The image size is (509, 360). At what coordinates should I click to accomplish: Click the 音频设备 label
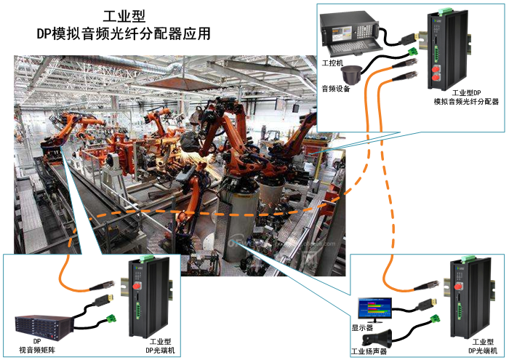[x=336, y=89]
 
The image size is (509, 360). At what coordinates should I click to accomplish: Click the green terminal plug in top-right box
[x=414, y=52]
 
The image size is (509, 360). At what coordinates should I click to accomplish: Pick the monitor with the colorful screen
[x=372, y=308]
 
